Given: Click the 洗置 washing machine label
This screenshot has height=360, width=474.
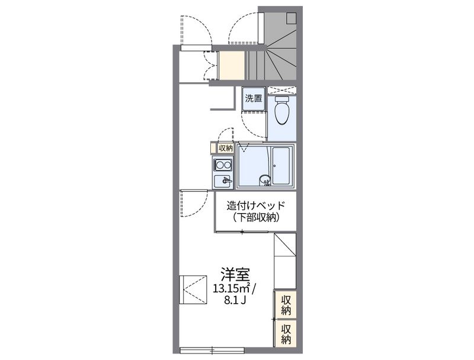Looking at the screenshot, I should click(254, 98).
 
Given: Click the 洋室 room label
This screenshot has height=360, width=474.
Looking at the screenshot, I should click(235, 274).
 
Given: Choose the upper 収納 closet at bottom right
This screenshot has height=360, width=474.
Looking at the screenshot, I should click(286, 304).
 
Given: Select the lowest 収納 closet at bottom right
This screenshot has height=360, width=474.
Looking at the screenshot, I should click(286, 333).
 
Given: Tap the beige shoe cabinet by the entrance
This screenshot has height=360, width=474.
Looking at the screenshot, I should click(232, 65).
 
